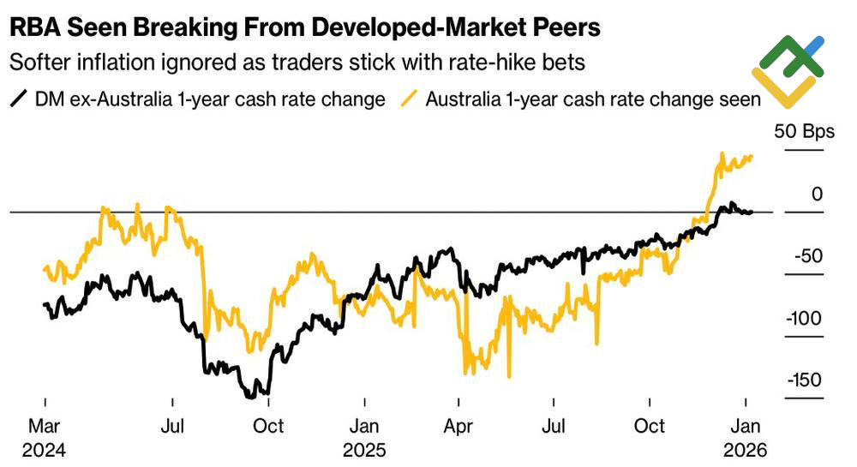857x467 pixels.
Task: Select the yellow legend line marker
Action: pos(410,99)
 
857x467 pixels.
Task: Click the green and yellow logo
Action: pos(788,73)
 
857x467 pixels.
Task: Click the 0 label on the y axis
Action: pos(817,195)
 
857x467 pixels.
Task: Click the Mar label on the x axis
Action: pos(45,426)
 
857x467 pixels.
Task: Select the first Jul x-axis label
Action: pos(173,426)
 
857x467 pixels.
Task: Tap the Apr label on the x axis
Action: pos(459,426)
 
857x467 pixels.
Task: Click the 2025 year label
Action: pos(365,449)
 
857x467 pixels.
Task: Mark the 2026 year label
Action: pos(746,449)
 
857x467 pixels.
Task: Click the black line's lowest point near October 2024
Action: pos(254,396)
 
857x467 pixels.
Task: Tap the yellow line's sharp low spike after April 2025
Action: pos(510,375)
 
